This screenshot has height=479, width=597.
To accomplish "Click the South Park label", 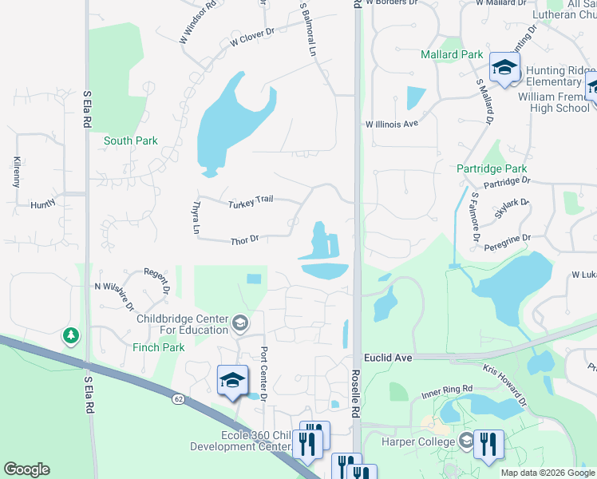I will pyautogui.click(x=130, y=141).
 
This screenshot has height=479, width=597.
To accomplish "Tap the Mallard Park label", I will pyautogui.click(x=452, y=55).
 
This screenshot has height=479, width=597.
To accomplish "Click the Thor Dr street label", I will pyautogui.click(x=244, y=239).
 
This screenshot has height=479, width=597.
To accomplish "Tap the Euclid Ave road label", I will pyautogui.click(x=388, y=358).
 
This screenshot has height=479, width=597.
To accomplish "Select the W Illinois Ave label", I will pyautogui.click(x=392, y=124).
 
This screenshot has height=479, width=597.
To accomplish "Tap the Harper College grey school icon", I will pyautogui.click(x=466, y=441).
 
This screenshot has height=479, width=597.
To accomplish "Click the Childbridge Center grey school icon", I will pyautogui.click(x=239, y=323).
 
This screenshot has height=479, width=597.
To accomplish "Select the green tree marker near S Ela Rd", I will pyautogui.click(x=72, y=336).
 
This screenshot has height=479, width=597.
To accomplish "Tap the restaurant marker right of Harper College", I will pyautogui.click(x=488, y=443).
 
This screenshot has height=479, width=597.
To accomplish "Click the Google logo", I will pyautogui.click(x=26, y=469).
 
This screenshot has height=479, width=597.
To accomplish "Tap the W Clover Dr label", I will pyautogui.click(x=251, y=36).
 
